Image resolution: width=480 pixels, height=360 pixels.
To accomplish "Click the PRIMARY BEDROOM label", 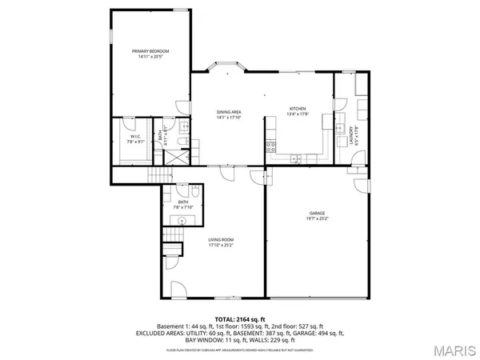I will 150,51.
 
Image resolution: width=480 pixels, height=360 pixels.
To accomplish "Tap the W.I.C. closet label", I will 135,137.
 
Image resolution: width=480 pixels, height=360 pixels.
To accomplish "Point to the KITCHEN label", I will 298,109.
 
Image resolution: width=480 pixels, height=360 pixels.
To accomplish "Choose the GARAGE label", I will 318,213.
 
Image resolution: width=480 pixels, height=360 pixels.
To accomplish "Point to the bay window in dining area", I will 224,67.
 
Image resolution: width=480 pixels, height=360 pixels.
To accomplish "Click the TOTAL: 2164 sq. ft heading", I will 239,318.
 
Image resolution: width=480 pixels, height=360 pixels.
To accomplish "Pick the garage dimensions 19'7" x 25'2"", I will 318,218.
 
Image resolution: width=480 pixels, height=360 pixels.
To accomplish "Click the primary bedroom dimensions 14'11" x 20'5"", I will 150,57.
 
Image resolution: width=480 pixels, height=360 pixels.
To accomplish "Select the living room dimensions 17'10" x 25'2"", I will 221,245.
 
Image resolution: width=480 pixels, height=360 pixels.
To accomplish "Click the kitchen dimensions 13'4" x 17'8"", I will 298,114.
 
